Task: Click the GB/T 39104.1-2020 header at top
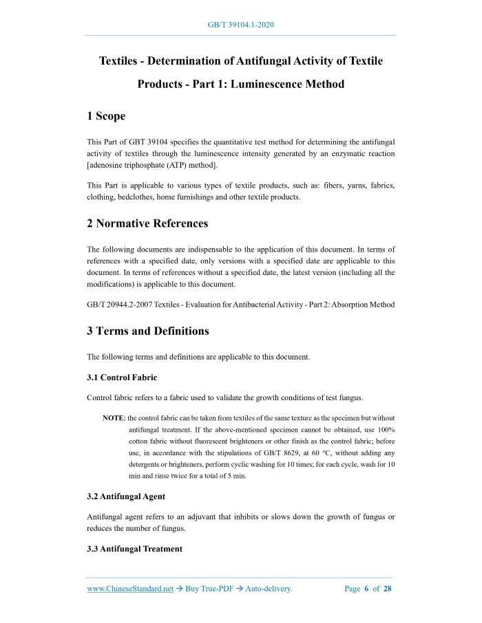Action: pos(241,25)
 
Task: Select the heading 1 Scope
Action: pos(105,117)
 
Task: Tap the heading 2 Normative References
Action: pos(147,223)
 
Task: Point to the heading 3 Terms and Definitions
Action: pos(147,331)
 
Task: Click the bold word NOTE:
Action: pos(114,418)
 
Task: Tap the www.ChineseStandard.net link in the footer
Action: pos(129,589)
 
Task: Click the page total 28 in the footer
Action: pos(387,589)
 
